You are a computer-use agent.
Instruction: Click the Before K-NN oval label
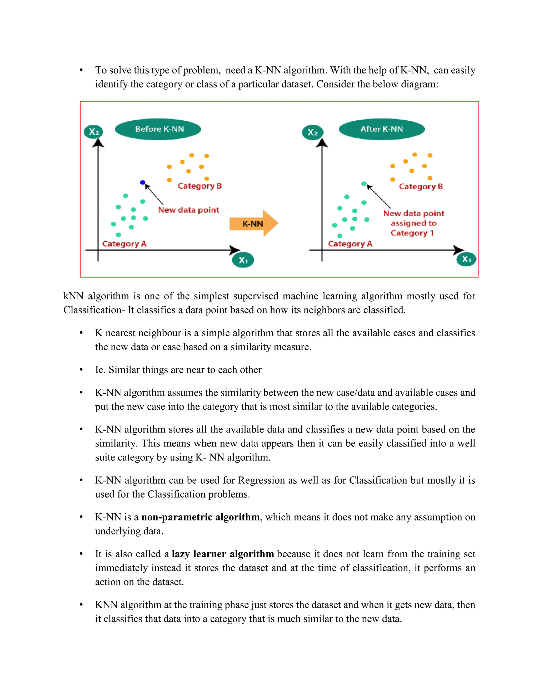(158, 129)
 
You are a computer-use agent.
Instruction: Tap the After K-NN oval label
(382, 129)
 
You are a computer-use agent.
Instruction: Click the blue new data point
(142, 183)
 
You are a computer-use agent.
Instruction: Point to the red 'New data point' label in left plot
(188, 210)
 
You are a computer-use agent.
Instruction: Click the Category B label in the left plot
(199, 186)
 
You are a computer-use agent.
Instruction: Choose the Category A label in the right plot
(350, 244)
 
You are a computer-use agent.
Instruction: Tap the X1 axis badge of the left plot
(243, 260)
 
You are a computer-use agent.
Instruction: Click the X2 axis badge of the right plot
(312, 132)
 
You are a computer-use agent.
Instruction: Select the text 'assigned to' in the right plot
(413, 223)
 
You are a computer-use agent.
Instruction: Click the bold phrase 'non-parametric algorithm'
(200, 517)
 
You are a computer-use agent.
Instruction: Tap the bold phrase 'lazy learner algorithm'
(223, 554)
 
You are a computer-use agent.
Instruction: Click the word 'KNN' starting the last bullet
(106, 605)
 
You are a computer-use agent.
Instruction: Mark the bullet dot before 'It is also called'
(81, 554)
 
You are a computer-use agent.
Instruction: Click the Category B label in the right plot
(421, 187)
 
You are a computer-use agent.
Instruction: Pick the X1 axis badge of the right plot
(466, 259)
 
